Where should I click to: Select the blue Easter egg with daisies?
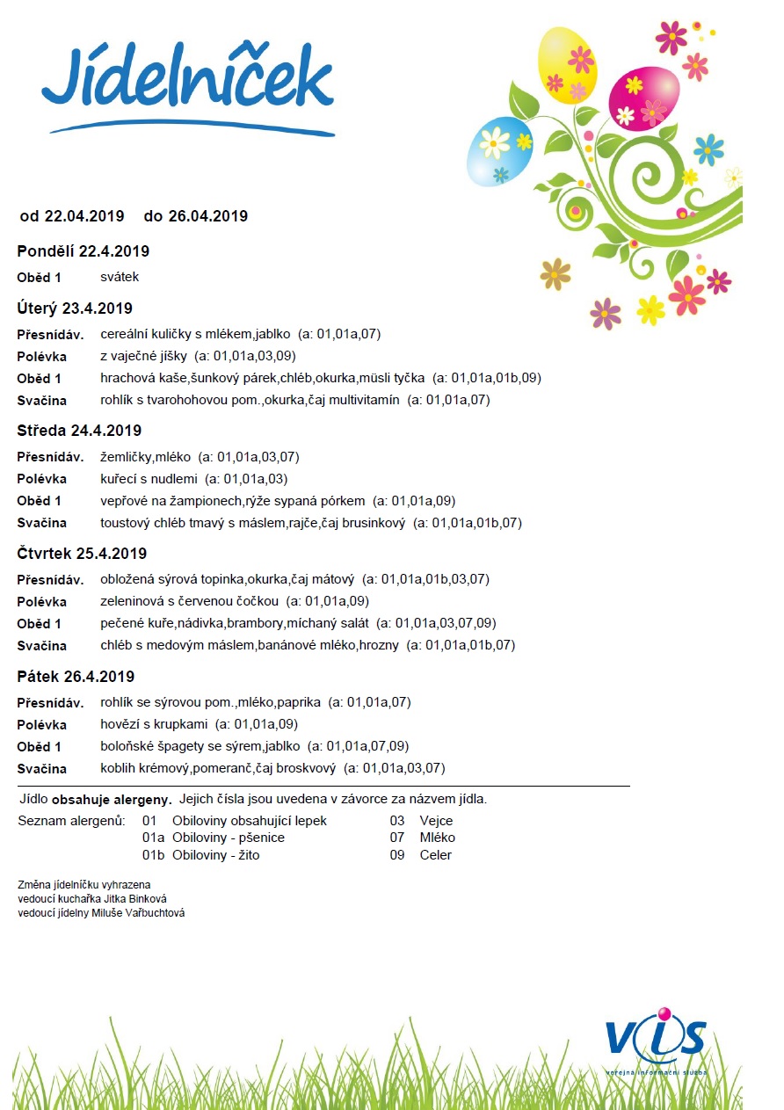click(x=499, y=150)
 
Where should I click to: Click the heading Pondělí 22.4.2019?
click(x=83, y=251)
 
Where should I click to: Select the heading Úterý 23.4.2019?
click(x=75, y=308)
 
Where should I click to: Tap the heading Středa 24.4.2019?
click(x=79, y=431)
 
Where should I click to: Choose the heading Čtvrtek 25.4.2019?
click(x=82, y=554)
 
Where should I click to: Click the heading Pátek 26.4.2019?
click(x=76, y=677)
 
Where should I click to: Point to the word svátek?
click(x=120, y=277)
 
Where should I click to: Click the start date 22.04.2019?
click(x=83, y=216)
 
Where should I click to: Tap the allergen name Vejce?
click(x=436, y=821)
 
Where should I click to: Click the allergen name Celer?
click(x=435, y=855)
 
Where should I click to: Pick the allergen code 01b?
click(x=154, y=855)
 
